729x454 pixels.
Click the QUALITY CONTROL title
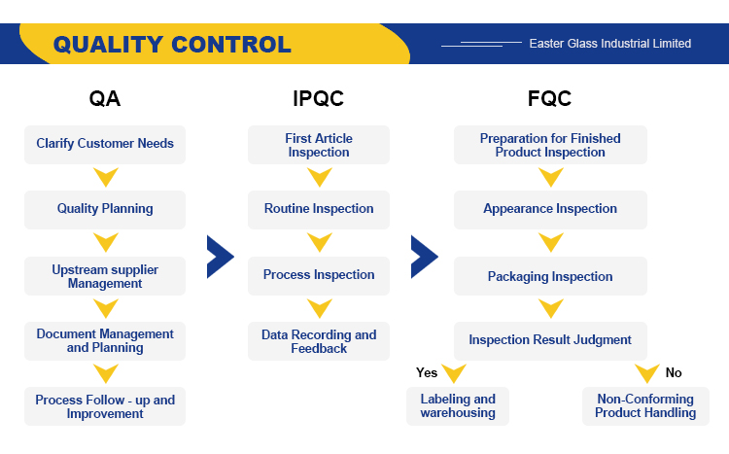(x=172, y=45)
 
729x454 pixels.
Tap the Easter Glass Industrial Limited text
(x=610, y=43)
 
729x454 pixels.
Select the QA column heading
(x=105, y=98)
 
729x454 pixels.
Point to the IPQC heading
(x=319, y=98)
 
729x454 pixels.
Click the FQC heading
(x=549, y=98)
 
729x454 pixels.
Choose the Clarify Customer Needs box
(x=105, y=145)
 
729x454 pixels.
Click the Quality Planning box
(x=105, y=210)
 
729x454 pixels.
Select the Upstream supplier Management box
(x=105, y=276)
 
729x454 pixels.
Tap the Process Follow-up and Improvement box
(x=105, y=406)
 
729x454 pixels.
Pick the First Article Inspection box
(x=319, y=145)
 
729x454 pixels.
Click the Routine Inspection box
(x=319, y=210)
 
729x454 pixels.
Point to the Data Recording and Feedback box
(x=319, y=341)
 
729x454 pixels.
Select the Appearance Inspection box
(x=550, y=210)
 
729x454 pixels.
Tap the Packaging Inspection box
(x=550, y=276)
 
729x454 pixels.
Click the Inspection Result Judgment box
(x=550, y=341)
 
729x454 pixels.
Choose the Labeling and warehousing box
(x=458, y=406)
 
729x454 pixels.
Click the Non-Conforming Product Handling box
(x=645, y=406)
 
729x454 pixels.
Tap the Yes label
(x=427, y=372)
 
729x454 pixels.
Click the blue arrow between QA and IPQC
(x=221, y=257)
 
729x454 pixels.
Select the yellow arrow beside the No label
(x=647, y=372)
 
